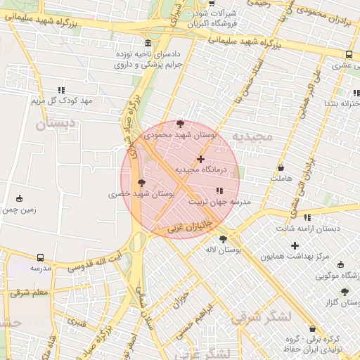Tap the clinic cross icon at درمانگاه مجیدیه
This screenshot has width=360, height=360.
(201, 160)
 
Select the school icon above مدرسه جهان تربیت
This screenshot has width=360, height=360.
(219, 191)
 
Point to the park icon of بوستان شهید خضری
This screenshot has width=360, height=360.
(142, 183)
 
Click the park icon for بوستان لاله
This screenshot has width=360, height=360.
(223, 239)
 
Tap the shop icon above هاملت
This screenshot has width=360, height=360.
(281, 169)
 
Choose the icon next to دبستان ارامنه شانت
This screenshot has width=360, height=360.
(307, 218)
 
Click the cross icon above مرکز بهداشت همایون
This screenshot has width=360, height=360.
(295, 245)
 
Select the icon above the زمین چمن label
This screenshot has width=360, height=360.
(19, 198)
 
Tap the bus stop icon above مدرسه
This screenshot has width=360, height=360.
(40, 258)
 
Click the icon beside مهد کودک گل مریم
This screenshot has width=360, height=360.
(62, 90)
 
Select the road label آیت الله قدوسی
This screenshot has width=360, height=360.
(98, 262)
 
